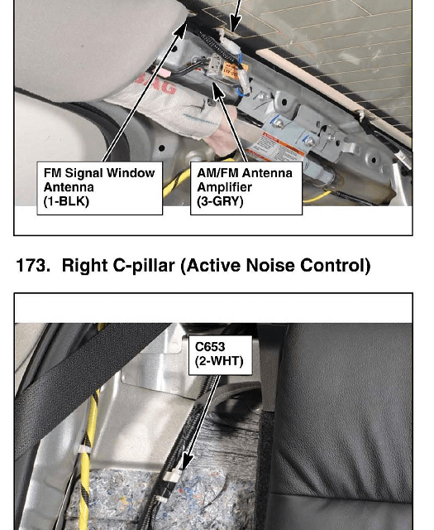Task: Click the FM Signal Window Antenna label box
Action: coord(99,188)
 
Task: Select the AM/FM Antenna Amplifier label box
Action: coord(246,188)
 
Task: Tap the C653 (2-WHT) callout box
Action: coord(220,355)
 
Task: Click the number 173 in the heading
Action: coord(31,266)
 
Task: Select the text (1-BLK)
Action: coord(66,201)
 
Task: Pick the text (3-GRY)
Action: coord(220,201)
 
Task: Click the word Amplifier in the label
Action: coord(224,187)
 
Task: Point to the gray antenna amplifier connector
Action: coord(214,65)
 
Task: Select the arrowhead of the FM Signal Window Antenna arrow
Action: coord(182,27)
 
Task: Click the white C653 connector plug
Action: coord(172,476)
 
